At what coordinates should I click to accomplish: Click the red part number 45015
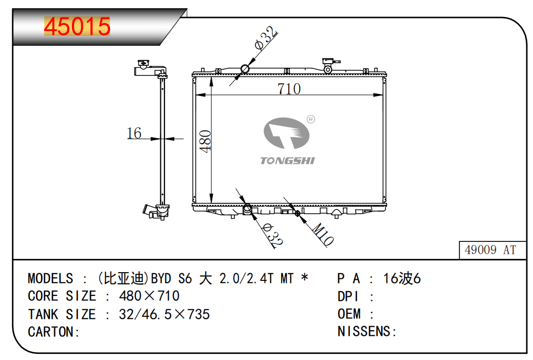tap(77, 27)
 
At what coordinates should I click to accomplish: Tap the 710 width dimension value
tap(289, 89)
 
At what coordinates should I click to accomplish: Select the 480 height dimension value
tap(205, 141)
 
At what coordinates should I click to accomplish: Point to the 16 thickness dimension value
tap(134, 133)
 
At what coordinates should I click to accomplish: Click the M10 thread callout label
tap(323, 234)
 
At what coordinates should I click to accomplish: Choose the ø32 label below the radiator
tap(272, 235)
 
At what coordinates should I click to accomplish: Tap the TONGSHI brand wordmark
tap(288, 161)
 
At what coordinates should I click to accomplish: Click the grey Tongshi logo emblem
tap(286, 133)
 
